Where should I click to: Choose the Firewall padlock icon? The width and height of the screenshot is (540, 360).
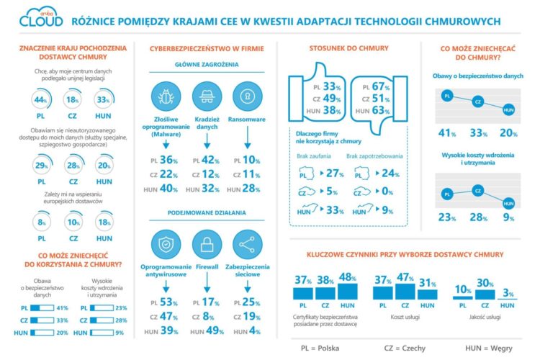coord(206,245)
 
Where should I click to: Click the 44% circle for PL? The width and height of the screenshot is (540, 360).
coord(40,100)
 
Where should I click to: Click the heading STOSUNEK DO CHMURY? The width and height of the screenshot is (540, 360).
coord(338,49)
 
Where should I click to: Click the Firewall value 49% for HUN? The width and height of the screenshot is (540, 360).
coord(212,330)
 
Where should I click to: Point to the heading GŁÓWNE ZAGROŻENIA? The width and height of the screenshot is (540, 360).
coord(206,65)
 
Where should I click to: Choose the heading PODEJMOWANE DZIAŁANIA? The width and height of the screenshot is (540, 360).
coord(206,213)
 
